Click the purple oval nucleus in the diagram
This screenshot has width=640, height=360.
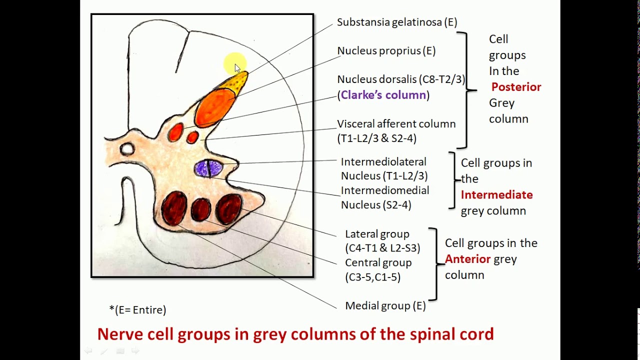[x=208, y=168]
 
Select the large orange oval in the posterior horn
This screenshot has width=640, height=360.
[x=214, y=106]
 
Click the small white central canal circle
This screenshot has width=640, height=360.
[x=127, y=148]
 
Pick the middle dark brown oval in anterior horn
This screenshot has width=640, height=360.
[x=201, y=209]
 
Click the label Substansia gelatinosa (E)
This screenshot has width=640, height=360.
[x=397, y=22]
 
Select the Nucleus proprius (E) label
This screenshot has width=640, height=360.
[x=386, y=50]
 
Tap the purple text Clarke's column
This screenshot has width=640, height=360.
[x=383, y=95]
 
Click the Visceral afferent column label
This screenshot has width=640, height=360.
[x=396, y=124]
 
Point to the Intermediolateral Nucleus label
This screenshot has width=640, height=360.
[x=384, y=168]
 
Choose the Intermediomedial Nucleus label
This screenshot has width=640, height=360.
[x=384, y=197]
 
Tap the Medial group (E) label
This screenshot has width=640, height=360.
[x=385, y=305]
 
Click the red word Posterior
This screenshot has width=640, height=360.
[x=516, y=87]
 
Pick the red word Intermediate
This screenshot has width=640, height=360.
[x=496, y=195]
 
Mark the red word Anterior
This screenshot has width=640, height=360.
[x=467, y=259]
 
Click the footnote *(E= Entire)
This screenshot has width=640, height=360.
[x=137, y=310]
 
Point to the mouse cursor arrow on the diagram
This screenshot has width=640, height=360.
[x=237, y=68]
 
